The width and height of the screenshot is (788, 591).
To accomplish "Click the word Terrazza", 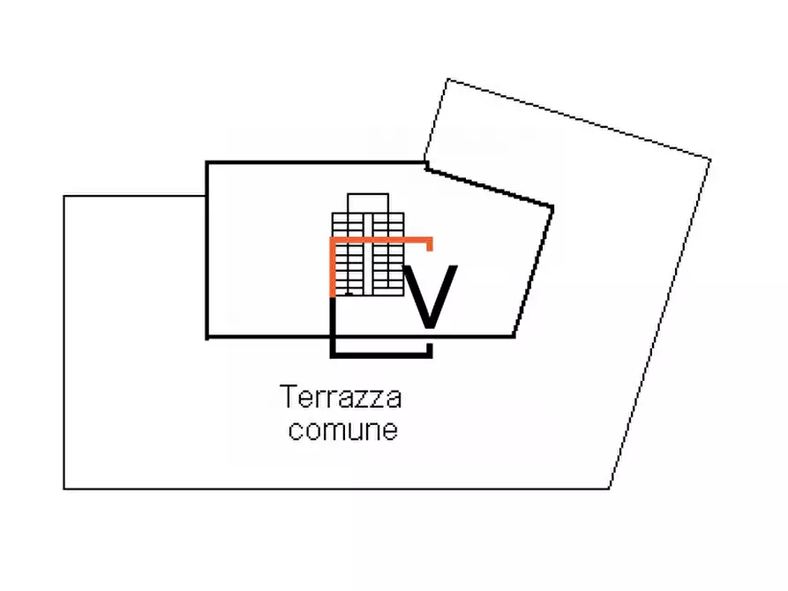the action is (341, 398).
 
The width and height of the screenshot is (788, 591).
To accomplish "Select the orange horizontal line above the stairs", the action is (379, 239).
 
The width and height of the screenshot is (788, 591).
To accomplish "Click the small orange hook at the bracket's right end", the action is (430, 243).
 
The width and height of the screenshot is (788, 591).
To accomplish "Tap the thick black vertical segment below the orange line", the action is (332, 325).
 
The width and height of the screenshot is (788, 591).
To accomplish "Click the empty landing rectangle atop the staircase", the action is (368, 202).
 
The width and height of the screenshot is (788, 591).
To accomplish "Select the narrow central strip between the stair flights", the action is (368, 256).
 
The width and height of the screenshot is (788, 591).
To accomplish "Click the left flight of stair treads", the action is (349, 256).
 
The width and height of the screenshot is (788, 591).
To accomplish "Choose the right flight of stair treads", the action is (388, 256).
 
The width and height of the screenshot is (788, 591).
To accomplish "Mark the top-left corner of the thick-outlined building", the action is (207, 162).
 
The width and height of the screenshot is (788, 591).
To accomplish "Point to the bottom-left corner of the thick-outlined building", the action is (207, 336).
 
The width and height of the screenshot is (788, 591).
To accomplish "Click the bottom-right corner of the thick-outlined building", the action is (514, 336).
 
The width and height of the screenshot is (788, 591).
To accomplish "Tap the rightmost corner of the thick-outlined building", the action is (553, 208).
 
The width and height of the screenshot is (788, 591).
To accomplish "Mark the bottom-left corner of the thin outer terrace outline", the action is (64, 488).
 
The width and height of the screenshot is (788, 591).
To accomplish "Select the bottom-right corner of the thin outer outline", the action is (609, 488).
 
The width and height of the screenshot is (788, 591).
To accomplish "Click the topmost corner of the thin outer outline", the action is (448, 79).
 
